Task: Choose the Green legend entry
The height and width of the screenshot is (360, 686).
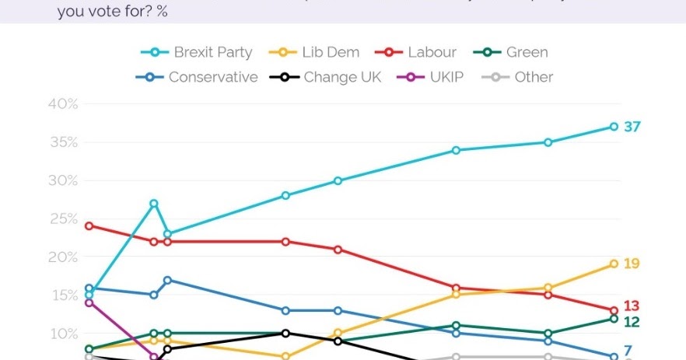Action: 513,52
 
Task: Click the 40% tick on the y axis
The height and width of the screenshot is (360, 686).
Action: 63,104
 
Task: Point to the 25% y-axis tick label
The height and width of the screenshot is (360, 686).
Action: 63,218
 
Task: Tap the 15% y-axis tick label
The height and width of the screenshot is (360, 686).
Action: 63,295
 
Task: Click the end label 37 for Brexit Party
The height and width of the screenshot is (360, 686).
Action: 632,127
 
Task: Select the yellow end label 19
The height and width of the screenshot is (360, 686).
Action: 632,264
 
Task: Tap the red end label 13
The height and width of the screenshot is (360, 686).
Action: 632,305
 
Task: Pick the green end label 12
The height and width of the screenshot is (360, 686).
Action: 632,322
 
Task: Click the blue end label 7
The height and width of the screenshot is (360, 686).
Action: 627,351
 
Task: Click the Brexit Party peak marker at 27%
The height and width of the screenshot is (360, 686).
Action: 154,204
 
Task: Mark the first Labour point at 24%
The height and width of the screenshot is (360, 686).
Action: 89,225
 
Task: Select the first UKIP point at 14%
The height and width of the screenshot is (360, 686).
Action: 89,302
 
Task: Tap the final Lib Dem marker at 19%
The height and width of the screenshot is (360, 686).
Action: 614,264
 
